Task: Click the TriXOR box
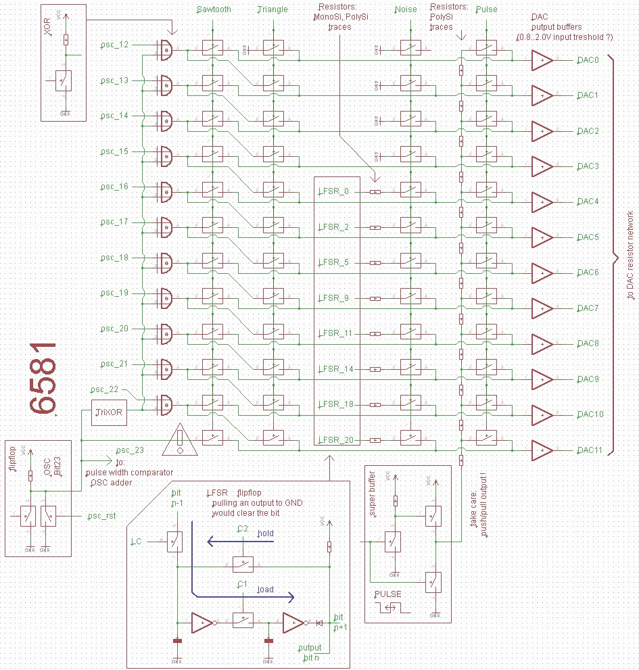click(x=110, y=412)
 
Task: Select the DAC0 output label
click(x=588, y=60)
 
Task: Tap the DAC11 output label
click(x=590, y=450)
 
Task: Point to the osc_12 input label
click(x=114, y=45)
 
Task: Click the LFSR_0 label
click(x=334, y=191)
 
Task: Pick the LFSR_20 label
click(x=336, y=439)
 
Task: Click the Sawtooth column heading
click(x=214, y=9)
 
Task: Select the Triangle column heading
click(x=273, y=9)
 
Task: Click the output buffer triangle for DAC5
click(x=542, y=237)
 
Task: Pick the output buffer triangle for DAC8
click(x=542, y=343)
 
